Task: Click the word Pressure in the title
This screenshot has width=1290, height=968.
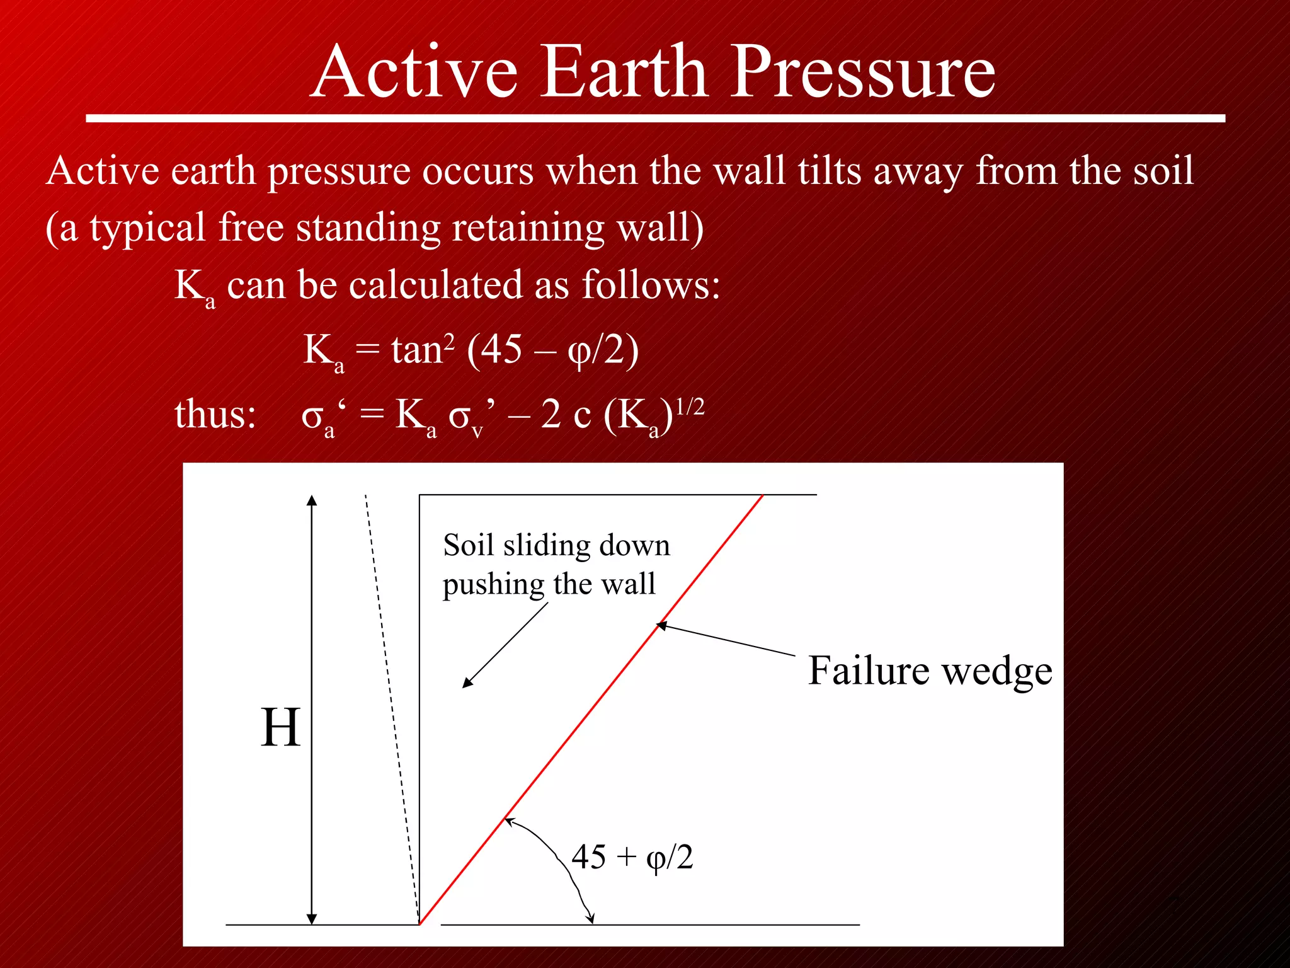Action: click(x=863, y=72)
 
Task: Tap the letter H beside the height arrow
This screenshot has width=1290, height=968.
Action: click(x=280, y=728)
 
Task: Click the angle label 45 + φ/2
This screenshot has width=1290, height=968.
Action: click(x=632, y=857)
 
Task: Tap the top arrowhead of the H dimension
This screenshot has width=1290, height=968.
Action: click(x=312, y=501)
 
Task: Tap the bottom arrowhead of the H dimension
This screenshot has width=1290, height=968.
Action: click(x=312, y=919)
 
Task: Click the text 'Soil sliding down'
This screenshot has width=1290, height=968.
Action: click(x=556, y=546)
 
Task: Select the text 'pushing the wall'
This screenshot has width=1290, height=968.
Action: click(x=549, y=584)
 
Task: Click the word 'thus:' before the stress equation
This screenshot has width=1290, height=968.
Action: click(x=215, y=415)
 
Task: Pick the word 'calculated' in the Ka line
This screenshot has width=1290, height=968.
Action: click(x=435, y=285)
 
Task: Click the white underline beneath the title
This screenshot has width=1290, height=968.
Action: click(x=655, y=118)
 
